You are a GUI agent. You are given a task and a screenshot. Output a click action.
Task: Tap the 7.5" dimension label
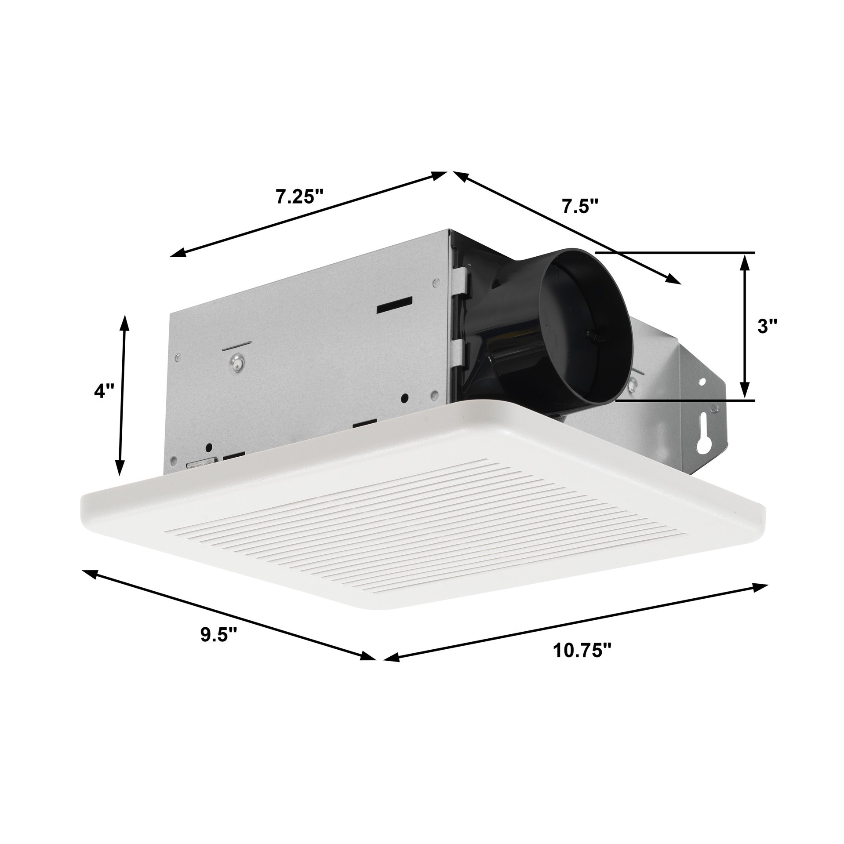coord(581,206)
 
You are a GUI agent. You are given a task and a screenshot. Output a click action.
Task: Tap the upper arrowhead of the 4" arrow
coord(125,321)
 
